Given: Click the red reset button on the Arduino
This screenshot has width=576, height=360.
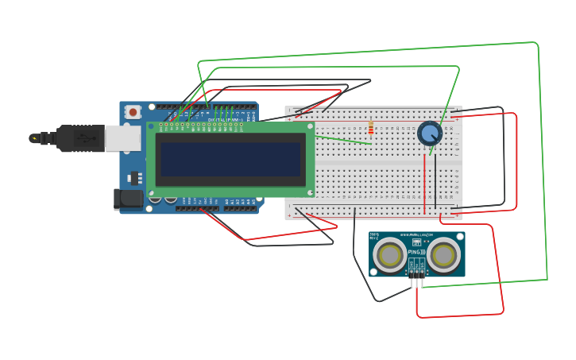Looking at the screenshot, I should [133, 112].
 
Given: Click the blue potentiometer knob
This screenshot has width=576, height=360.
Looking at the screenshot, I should [429, 133].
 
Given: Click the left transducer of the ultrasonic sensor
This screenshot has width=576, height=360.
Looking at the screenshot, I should [390, 255].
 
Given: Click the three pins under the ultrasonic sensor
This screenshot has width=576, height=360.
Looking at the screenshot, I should [417, 275].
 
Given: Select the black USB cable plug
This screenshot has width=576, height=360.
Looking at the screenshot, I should [79, 138].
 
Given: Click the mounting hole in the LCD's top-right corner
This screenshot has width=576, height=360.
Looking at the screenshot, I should [309, 126].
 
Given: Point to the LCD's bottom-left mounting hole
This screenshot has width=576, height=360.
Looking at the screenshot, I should [151, 192].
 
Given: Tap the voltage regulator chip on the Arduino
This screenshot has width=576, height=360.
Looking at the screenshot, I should [133, 176].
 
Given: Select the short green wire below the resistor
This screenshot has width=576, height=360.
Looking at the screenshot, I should [342, 139].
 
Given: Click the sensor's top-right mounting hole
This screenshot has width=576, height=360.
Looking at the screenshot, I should [460, 237].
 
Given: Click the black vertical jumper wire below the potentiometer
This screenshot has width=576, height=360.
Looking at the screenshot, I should [435, 180].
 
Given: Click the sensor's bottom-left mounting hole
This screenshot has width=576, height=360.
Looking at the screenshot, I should [373, 272].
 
